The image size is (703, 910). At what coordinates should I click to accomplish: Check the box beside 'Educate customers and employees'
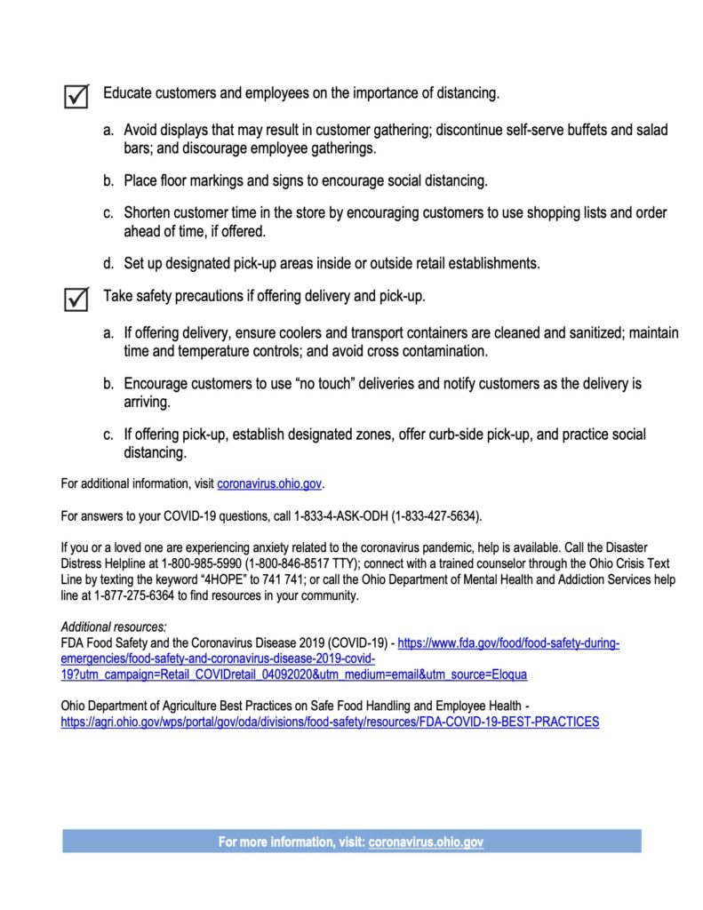[77, 96]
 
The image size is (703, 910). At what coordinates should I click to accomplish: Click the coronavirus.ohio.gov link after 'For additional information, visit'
[269, 484]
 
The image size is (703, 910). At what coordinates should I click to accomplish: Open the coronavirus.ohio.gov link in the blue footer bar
[426, 841]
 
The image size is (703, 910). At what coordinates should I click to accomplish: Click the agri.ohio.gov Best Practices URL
[330, 722]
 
